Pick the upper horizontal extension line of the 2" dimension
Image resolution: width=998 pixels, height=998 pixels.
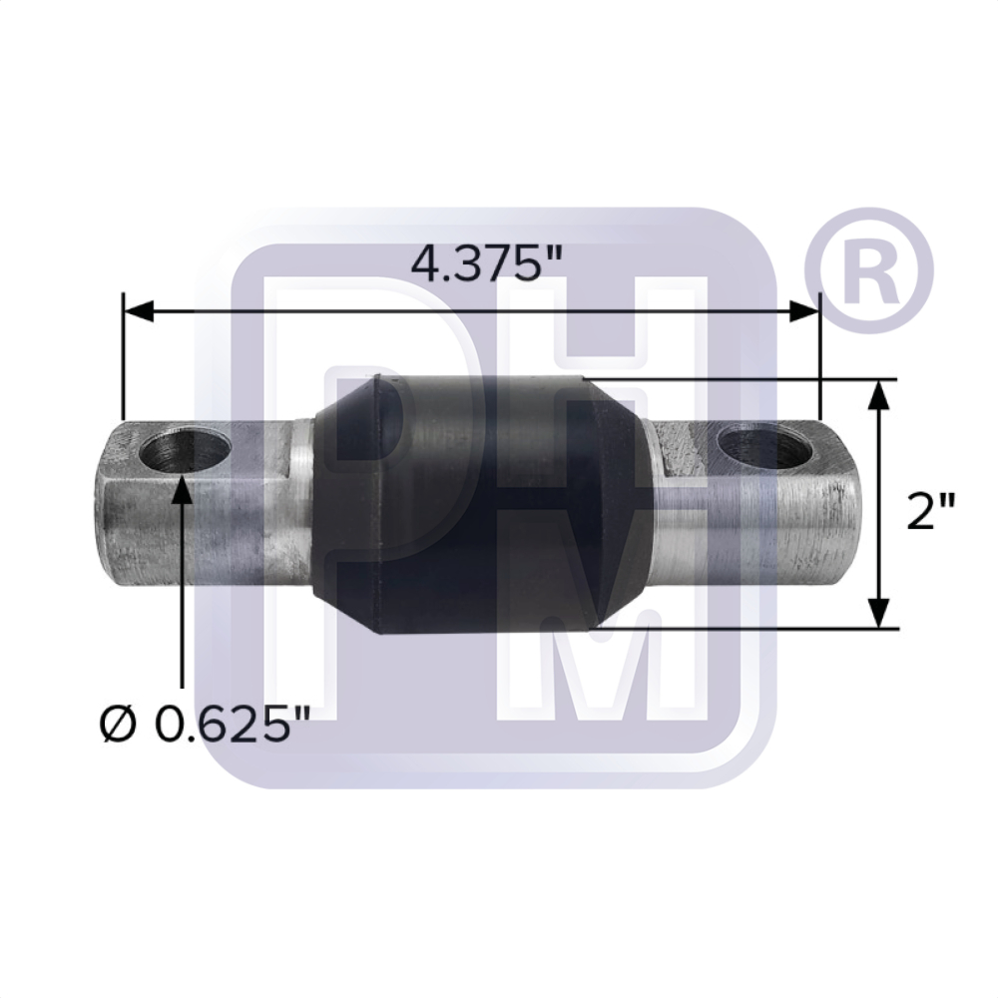(x=758, y=380)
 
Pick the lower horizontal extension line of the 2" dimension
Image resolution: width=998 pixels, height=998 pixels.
(x=758, y=628)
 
